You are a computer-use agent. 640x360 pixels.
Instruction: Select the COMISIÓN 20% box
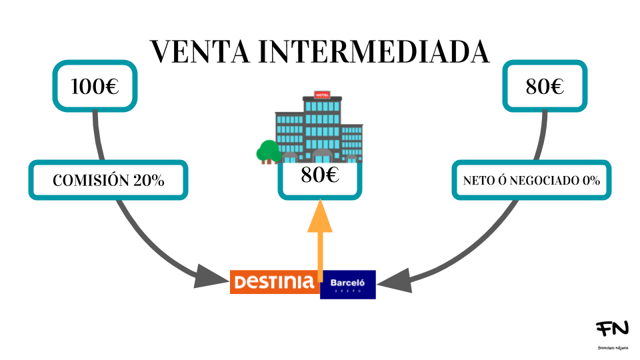pos(108,180)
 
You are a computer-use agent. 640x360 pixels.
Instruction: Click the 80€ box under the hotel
pos(320,177)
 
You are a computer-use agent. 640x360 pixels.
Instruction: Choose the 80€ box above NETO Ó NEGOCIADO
pos(545,86)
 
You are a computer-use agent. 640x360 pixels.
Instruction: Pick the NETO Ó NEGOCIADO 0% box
pos(531,180)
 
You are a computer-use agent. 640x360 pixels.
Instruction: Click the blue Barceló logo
pos(348,285)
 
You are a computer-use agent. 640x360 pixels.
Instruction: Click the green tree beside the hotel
pos(269,151)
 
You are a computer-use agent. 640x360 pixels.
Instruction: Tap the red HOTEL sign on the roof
pos(323,95)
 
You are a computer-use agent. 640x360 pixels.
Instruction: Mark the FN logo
pos(612,329)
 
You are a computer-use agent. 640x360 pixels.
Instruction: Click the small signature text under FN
pos(612,347)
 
